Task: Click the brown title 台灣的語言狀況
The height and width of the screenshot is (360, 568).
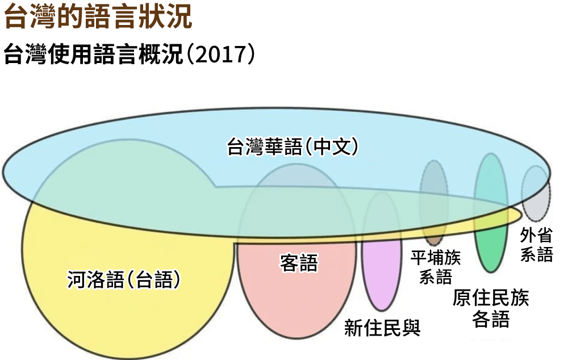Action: pos(98,18)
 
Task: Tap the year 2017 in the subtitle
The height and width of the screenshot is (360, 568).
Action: pos(220,55)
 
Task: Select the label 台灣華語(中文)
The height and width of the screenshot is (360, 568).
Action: pos(293,146)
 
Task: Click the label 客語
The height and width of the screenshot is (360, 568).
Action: pos(299,263)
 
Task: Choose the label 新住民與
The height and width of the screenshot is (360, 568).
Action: pos(382,328)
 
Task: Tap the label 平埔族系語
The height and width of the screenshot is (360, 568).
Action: pos(436,267)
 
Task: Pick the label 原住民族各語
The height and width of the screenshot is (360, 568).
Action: pos(490,308)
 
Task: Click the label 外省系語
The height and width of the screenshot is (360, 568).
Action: pos(536,245)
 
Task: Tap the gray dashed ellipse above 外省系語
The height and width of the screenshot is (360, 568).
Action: pos(535,193)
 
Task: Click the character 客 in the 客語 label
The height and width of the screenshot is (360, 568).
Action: pos(289,263)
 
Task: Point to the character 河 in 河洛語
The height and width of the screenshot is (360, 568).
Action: pos(76,279)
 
